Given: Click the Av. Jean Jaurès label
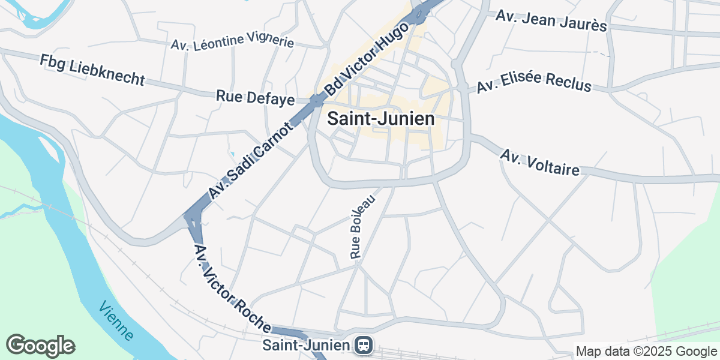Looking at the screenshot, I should [x=551, y=20].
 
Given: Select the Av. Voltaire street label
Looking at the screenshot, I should [x=540, y=163].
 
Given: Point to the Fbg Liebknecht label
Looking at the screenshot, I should [x=92, y=70].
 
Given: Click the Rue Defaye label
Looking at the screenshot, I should [x=255, y=97].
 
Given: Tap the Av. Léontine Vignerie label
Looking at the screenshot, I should [x=232, y=41].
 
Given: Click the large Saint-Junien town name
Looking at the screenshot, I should [x=381, y=119].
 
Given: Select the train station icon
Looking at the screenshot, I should [x=363, y=345].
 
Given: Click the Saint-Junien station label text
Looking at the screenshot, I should [x=306, y=345].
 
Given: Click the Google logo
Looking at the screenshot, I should [x=40, y=346].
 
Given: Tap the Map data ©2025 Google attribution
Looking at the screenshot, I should [x=646, y=352].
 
